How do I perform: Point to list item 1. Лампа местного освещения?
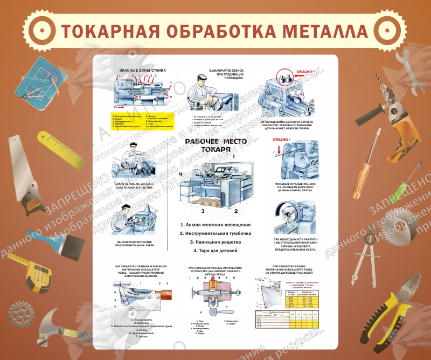pyautogui.click(x=215, y=224)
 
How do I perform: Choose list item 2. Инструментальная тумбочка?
pyautogui.click(x=215, y=233)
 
